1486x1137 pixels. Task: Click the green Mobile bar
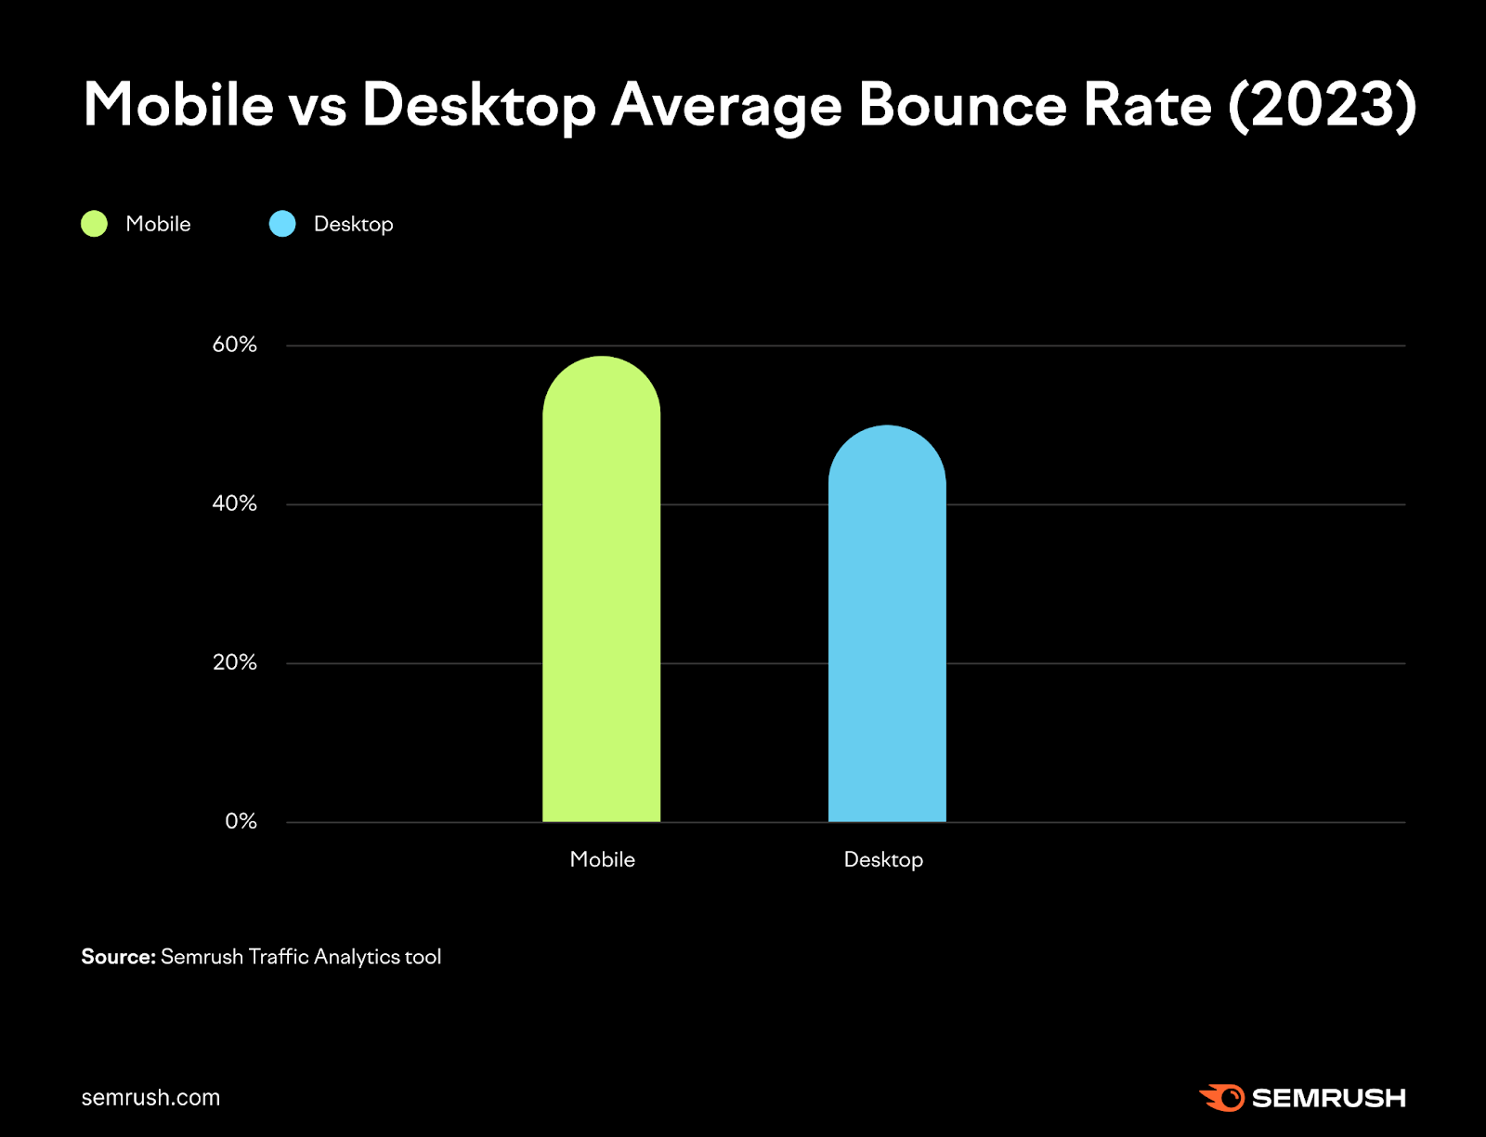pyautogui.click(x=601, y=595)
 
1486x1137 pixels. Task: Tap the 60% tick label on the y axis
pyautogui.click(x=234, y=345)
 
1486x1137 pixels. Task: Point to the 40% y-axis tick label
pyautogui.click(x=234, y=503)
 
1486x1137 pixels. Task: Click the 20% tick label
pyautogui.click(x=234, y=662)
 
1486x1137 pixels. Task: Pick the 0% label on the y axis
pyautogui.click(x=241, y=821)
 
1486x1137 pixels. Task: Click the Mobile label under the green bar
pyautogui.click(x=602, y=859)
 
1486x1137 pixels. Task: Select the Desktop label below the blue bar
pyautogui.click(x=883, y=860)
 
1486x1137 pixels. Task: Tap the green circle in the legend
pyautogui.click(x=95, y=224)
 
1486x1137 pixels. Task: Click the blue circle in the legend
pyautogui.click(x=282, y=224)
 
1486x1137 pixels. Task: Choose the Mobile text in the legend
pyautogui.click(x=158, y=224)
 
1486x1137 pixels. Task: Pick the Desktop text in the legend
pyautogui.click(x=353, y=225)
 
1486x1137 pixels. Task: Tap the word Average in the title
pyautogui.click(x=726, y=106)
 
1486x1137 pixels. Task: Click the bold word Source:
pyautogui.click(x=118, y=957)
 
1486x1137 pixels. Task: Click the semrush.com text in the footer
pyautogui.click(x=150, y=1098)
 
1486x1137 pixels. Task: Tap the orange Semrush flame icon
pyautogui.click(x=1222, y=1097)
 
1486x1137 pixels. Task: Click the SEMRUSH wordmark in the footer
pyautogui.click(x=1328, y=1098)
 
